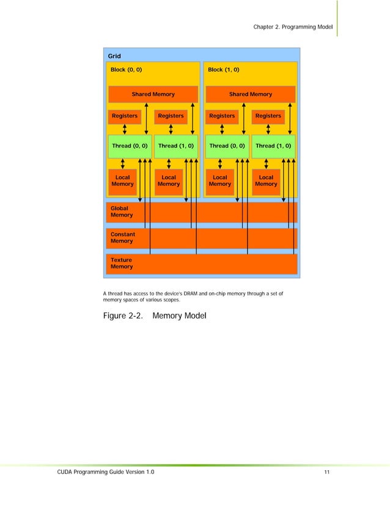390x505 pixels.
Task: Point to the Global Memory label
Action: pos(122,212)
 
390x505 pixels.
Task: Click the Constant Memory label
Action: pos(123,237)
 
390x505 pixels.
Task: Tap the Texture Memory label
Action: pos(122,264)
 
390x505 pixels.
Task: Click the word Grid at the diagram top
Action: pos(114,56)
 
